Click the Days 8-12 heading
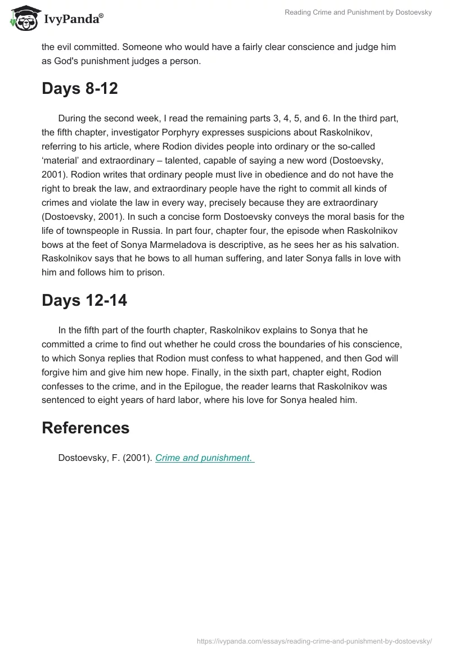(x=79, y=88)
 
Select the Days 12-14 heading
(x=84, y=300)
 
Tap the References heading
(x=85, y=428)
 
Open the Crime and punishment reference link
(x=204, y=458)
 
